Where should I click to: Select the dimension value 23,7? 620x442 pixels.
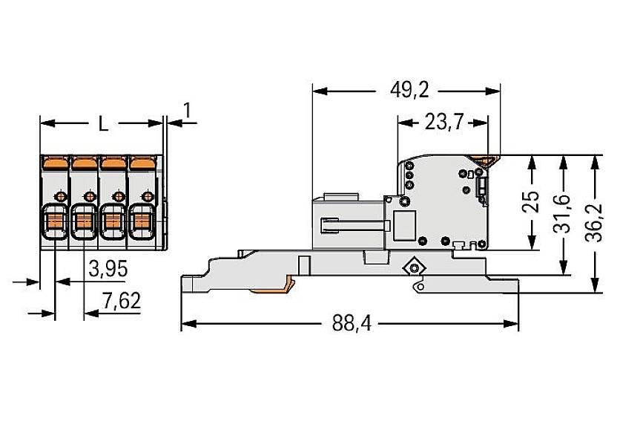(x=443, y=122)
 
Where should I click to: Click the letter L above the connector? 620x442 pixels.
(x=103, y=124)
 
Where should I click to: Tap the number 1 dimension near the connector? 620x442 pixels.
(x=187, y=111)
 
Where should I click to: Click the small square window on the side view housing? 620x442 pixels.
(x=404, y=224)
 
